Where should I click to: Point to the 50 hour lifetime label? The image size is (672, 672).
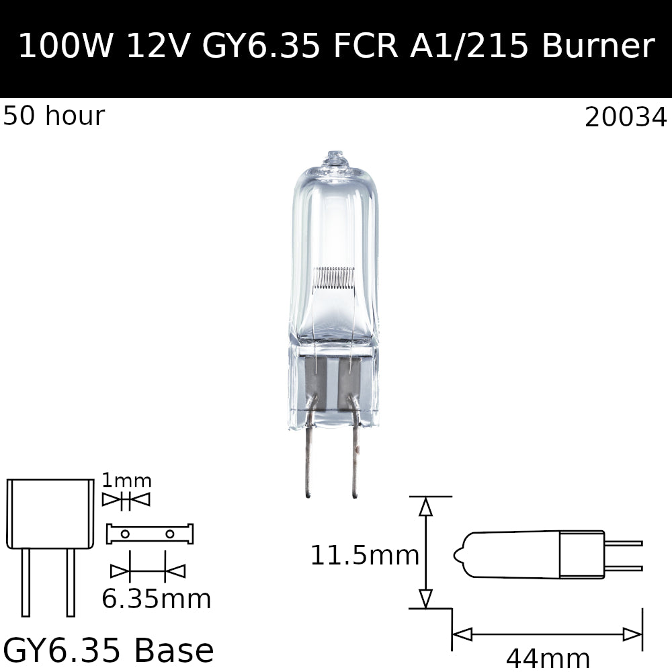[54, 116]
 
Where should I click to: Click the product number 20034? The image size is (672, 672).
[626, 118]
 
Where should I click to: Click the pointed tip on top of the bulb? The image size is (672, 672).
[334, 157]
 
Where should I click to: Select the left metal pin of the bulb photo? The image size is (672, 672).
[307, 464]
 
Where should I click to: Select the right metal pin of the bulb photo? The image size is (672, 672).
[355, 464]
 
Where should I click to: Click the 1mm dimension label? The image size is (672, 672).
[126, 481]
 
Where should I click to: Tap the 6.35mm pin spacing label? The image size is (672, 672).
[156, 599]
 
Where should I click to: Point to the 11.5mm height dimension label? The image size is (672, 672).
[364, 556]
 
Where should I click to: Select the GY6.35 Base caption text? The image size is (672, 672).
[108, 650]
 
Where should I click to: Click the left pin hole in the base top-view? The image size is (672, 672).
[125, 534]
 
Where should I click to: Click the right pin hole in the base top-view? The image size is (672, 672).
[169, 534]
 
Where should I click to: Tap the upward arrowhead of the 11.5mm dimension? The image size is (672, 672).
[425, 507]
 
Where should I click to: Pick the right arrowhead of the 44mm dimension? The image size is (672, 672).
[632, 634]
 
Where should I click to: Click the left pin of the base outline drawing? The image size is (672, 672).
[26, 581]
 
